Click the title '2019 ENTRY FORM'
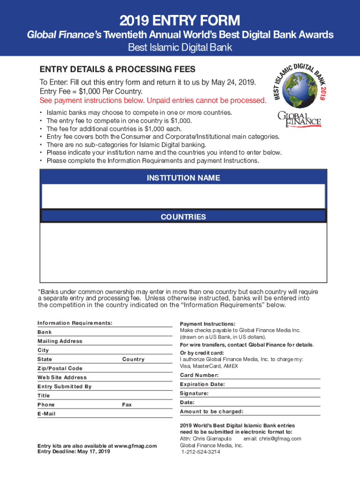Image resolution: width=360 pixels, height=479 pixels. pyautogui.click(x=180, y=21)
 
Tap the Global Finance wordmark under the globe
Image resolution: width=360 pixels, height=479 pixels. pyautogui.click(x=299, y=119)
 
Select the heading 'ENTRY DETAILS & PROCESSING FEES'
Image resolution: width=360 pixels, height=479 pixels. pyautogui.click(x=117, y=69)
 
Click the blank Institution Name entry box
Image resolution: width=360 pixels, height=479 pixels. pyautogui.click(x=183, y=196)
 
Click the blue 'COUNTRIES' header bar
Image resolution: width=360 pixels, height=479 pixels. pyautogui.click(x=183, y=217)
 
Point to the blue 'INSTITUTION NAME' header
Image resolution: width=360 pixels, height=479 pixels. pyautogui.click(x=183, y=178)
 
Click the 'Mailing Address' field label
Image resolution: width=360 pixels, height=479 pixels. pyautogui.click(x=60, y=341)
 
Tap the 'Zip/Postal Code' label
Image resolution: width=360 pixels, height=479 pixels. pyautogui.click(x=60, y=368)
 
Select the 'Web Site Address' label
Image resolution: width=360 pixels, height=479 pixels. pyautogui.click(x=62, y=377)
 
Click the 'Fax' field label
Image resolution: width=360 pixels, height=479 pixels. pyautogui.click(x=127, y=405)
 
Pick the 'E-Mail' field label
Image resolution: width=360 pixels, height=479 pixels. pyautogui.click(x=46, y=414)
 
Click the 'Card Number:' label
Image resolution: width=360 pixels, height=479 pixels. pyautogui.click(x=199, y=375)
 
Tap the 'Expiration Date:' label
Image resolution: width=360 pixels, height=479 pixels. pyautogui.click(x=202, y=384)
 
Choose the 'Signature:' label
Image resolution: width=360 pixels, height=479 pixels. pyautogui.click(x=194, y=393)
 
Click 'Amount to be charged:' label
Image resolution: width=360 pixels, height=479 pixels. pyautogui.click(x=211, y=412)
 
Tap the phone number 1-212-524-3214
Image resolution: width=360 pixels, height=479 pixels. pyautogui.click(x=201, y=452)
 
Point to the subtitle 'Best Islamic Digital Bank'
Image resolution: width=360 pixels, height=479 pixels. pyautogui.click(x=180, y=48)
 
